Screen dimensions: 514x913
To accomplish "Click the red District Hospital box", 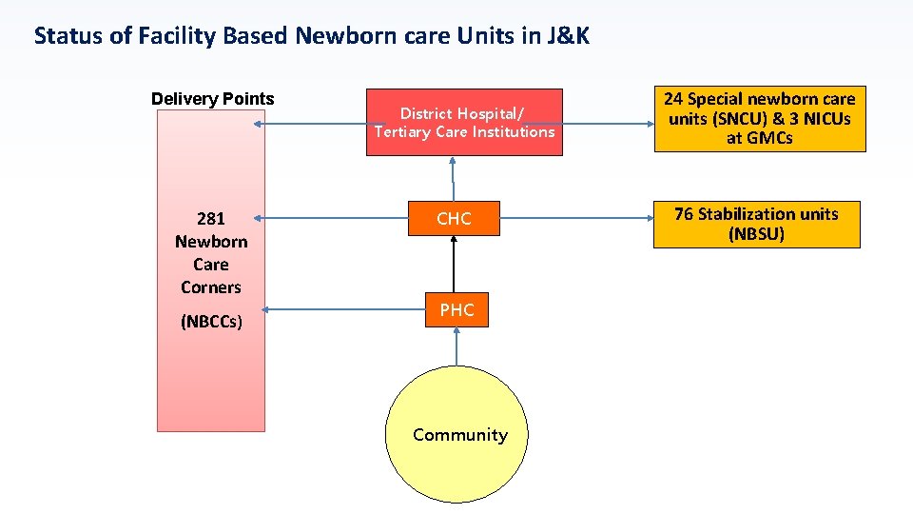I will click(464, 122).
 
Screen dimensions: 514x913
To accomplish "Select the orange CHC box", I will click(454, 219).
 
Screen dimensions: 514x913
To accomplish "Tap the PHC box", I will click(456, 309).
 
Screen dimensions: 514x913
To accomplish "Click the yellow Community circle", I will click(459, 434).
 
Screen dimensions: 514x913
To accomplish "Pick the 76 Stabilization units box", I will click(756, 224).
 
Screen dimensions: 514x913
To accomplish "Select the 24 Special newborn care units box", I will click(759, 118).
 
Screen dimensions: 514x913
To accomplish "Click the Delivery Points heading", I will click(213, 99).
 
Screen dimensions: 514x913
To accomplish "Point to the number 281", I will click(211, 219).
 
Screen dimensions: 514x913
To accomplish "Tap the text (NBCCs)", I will click(211, 322).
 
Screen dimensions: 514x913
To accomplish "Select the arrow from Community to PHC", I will click(456, 347).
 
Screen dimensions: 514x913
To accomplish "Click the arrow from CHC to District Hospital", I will click(454, 179).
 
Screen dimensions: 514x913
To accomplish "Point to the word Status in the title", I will click(66, 37).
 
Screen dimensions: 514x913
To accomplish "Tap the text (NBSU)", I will click(756, 234).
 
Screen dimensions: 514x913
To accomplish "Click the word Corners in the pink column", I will click(211, 287).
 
